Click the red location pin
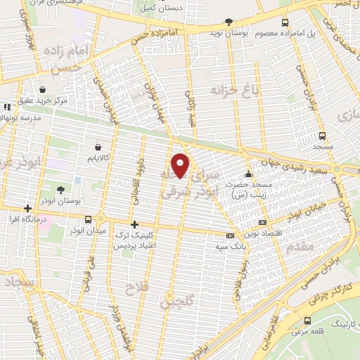tap(181, 165)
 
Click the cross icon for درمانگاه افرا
tap(27, 209)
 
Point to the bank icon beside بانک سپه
tap(229, 236)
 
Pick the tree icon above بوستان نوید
tap(228, 22)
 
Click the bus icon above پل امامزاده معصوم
tap(283, 22)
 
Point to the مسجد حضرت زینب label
tap(269, 188)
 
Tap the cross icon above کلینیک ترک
tap(134, 224)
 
